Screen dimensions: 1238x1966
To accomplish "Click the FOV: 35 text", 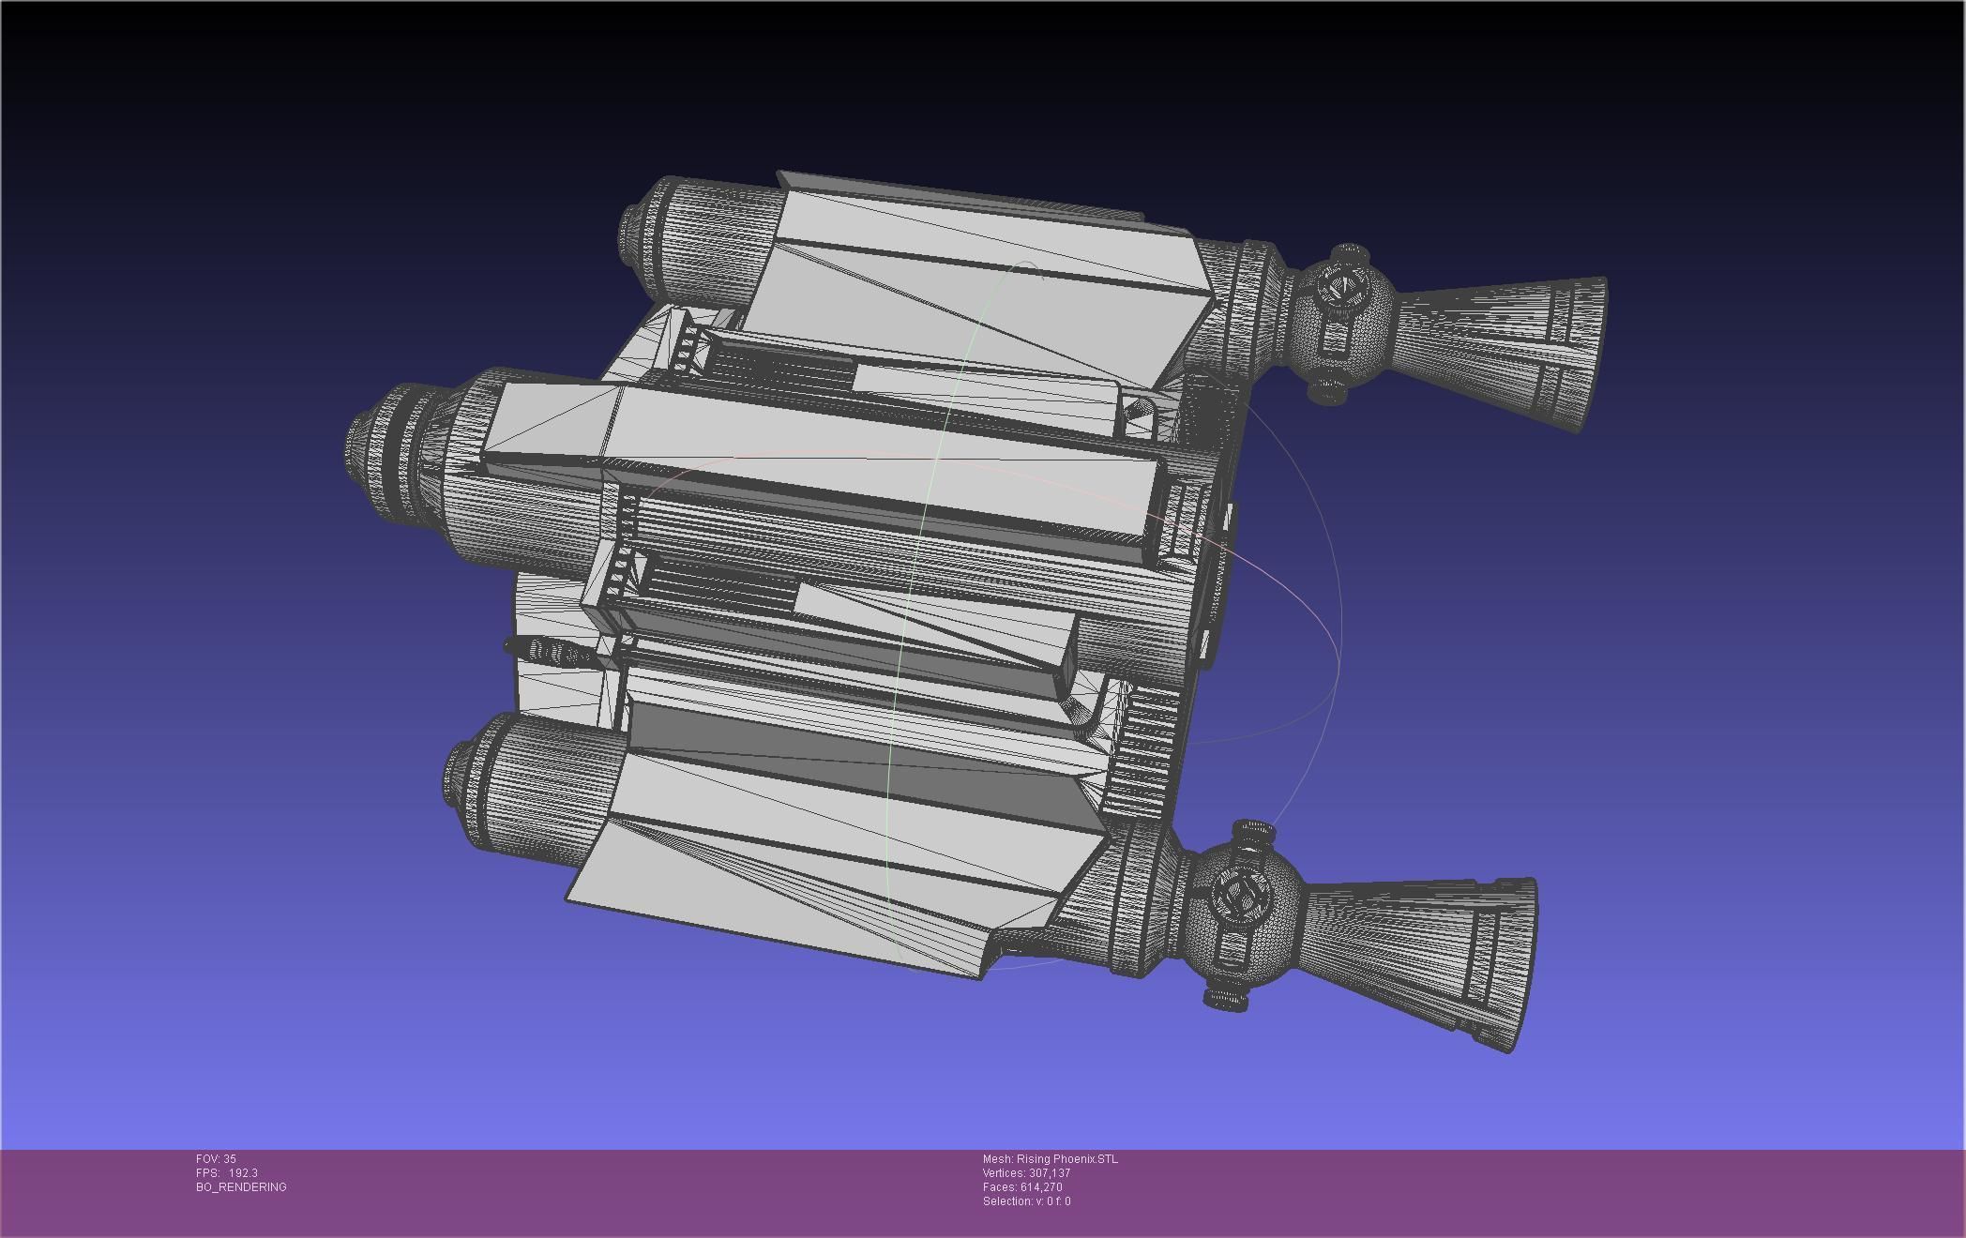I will [x=216, y=1159].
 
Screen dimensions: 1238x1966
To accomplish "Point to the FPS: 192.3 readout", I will [x=226, y=1173].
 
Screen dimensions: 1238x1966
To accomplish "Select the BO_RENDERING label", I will [x=241, y=1187].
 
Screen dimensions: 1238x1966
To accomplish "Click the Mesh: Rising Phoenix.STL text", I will [x=1050, y=1159].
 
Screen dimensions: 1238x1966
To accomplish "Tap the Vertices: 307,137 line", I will [x=1026, y=1173].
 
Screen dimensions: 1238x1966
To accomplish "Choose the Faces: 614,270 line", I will [x=1022, y=1187].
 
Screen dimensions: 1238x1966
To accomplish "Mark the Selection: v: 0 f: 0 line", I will [x=1026, y=1201].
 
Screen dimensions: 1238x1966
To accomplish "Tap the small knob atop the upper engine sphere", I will [x=1350, y=253].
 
